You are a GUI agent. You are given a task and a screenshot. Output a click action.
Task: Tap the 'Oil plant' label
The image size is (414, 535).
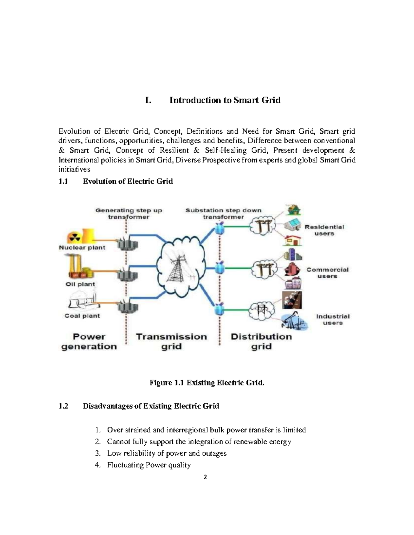tap(80, 284)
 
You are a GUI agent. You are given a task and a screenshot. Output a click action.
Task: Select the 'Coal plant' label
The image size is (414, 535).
tap(82, 316)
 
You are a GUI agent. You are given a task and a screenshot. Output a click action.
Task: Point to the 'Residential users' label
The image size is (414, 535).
tap(324, 230)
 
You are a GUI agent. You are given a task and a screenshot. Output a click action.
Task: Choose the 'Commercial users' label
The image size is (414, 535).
tap(327, 273)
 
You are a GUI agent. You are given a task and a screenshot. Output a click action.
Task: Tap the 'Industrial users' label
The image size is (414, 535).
tap(333, 319)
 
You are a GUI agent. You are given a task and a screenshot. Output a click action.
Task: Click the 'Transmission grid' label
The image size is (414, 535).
tap(171, 341)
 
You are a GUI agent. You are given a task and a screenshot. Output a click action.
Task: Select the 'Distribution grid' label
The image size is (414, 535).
tap(261, 341)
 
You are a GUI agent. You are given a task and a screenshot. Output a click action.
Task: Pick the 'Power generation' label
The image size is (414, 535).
tap(89, 341)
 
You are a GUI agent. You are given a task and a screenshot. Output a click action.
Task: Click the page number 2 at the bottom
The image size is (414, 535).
tap(205, 477)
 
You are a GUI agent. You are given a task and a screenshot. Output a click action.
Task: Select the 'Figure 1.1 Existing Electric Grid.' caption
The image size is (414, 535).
tap(207, 383)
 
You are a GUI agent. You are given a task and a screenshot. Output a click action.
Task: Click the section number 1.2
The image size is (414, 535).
tap(63, 406)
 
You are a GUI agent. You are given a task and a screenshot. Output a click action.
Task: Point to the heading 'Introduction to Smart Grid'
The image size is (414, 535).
tap(225, 100)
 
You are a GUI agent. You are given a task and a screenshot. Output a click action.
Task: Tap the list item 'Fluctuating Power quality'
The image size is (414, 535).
tap(149, 465)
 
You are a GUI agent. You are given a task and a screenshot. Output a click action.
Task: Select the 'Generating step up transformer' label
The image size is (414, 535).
tap(129, 214)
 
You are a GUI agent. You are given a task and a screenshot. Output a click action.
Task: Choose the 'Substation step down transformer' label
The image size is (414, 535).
tap(223, 214)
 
